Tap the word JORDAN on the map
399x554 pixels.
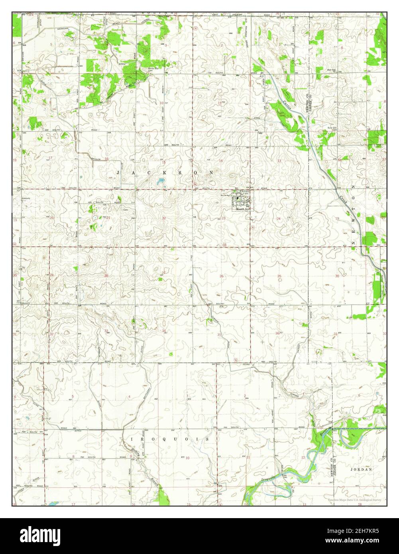pyautogui.click(x=361, y=470)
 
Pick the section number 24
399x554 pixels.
pyautogui.click(x=279, y=218)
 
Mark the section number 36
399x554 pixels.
pyautogui.click(x=277, y=333)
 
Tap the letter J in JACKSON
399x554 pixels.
pyautogui.click(x=118, y=172)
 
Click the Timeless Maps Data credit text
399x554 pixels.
pyautogui.click(x=354, y=500)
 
